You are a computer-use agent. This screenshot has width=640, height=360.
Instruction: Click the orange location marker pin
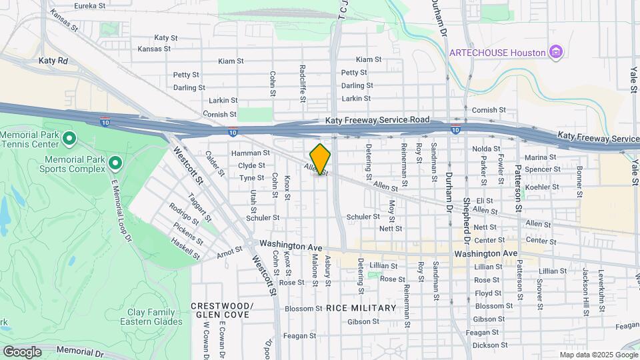(321, 159)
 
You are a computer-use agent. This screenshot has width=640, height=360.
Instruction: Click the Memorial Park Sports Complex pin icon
(115, 163)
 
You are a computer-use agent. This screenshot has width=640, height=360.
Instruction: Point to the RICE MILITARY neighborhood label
(361, 308)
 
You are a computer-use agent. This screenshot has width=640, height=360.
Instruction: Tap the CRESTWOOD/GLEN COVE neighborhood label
(222, 310)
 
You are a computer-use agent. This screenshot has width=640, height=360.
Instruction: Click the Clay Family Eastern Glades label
(151, 317)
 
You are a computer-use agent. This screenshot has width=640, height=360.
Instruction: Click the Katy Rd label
(53, 60)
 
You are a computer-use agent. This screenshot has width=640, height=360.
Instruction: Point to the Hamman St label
(250, 153)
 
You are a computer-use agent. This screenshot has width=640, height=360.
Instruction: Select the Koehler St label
(541, 187)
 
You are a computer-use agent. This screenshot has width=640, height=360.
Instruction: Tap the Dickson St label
(489, 345)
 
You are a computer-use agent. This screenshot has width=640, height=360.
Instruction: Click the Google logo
(23, 351)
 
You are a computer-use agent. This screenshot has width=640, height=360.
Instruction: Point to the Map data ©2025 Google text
(598, 355)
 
